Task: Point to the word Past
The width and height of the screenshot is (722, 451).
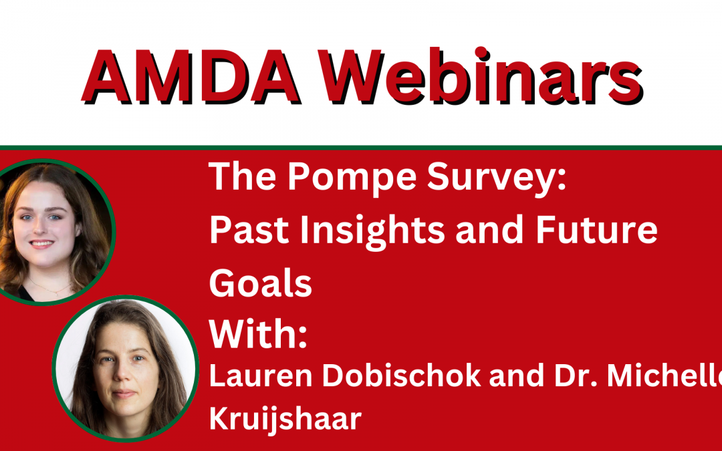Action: click(249, 230)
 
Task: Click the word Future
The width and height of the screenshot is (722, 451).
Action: click(596, 230)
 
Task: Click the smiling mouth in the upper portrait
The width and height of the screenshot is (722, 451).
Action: click(42, 244)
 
